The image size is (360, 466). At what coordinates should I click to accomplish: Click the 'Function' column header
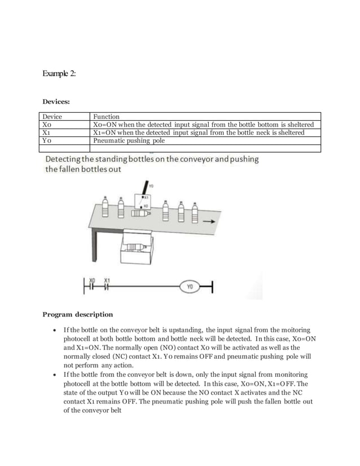click(x=106, y=117)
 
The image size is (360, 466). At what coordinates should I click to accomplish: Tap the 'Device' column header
click(x=52, y=117)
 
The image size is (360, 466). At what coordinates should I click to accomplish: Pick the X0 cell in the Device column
click(x=47, y=125)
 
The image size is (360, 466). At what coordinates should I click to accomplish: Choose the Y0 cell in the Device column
click(x=47, y=140)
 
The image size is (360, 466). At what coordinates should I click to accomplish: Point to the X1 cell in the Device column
click(x=47, y=133)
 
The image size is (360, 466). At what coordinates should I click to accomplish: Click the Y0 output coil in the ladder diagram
click(x=190, y=287)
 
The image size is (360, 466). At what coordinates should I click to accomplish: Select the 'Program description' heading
click(x=78, y=314)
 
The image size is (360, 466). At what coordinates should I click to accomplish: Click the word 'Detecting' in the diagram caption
click(x=64, y=159)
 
